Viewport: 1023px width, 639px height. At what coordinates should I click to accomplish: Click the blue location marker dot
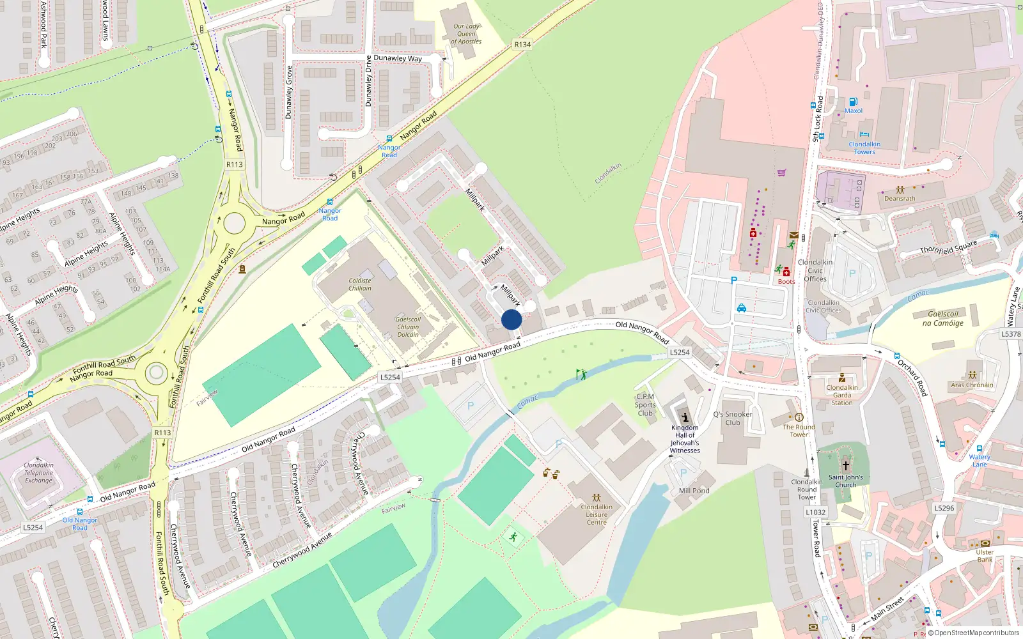(511, 319)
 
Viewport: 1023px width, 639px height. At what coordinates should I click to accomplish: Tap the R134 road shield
(522, 44)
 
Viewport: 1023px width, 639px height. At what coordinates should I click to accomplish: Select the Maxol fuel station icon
(853, 102)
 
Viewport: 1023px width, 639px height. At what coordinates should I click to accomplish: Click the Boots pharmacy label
(786, 281)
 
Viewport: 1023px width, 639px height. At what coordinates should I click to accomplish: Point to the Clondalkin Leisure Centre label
(597, 514)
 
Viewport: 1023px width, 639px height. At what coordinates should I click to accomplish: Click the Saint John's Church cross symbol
(845, 466)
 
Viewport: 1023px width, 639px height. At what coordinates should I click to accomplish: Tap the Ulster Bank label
(985, 556)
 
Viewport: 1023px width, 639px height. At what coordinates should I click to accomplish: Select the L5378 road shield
(1011, 334)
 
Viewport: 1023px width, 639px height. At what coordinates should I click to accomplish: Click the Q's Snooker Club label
(733, 419)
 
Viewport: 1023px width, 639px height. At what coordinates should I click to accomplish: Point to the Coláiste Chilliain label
(360, 284)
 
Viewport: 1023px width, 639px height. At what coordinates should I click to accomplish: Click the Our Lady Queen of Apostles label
(466, 34)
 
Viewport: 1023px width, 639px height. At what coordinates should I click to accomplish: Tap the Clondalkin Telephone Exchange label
(38, 473)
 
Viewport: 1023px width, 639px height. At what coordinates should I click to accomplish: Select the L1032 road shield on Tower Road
(816, 512)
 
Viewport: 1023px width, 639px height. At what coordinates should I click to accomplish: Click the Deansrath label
(900, 198)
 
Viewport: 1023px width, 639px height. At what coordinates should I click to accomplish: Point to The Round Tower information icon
(799, 417)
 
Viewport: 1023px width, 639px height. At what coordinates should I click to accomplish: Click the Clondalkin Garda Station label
(842, 395)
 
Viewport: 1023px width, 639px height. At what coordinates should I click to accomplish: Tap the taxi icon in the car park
(741, 308)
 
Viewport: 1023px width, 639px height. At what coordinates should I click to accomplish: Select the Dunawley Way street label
(398, 58)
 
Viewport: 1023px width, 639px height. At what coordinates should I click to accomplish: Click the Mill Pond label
(694, 491)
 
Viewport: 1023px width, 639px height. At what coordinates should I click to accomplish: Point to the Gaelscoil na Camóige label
(942, 318)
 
